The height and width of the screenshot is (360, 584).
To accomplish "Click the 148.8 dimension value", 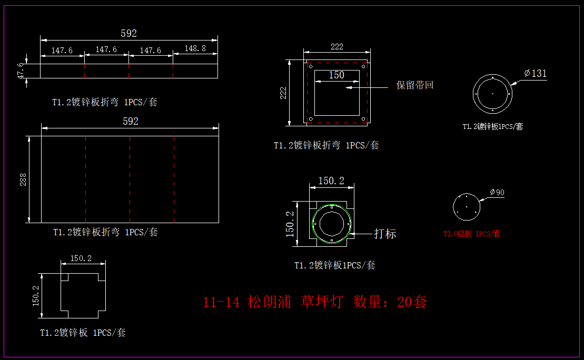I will pyautogui.click(x=195, y=48).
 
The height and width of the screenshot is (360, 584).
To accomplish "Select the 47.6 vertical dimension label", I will pyautogui.click(x=21, y=71).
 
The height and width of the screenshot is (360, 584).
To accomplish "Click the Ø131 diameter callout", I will pyautogui.click(x=536, y=73).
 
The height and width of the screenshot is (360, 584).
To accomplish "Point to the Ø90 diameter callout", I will pyautogui.click(x=497, y=193).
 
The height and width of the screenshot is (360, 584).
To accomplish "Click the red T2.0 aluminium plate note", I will pyautogui.click(x=471, y=234).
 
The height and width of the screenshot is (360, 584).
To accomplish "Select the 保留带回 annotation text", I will pyautogui.click(x=415, y=85).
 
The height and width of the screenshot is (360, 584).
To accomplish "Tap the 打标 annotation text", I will pyautogui.click(x=385, y=234).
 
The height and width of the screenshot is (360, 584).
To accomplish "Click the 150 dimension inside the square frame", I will pyautogui.click(x=336, y=75).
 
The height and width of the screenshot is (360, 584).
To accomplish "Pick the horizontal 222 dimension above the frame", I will pyautogui.click(x=337, y=47).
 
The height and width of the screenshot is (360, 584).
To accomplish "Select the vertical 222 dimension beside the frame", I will pyautogui.click(x=283, y=93).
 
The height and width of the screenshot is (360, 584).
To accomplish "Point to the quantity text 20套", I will pyautogui.click(x=412, y=302).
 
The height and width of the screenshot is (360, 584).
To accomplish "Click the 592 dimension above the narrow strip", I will pyautogui.click(x=128, y=33).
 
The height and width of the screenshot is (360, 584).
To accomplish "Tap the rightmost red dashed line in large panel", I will pyautogui.click(x=174, y=179).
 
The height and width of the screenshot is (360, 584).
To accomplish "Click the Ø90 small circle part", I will pyautogui.click(x=467, y=207).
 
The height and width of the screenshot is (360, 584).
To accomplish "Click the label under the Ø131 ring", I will pyautogui.click(x=492, y=127).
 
